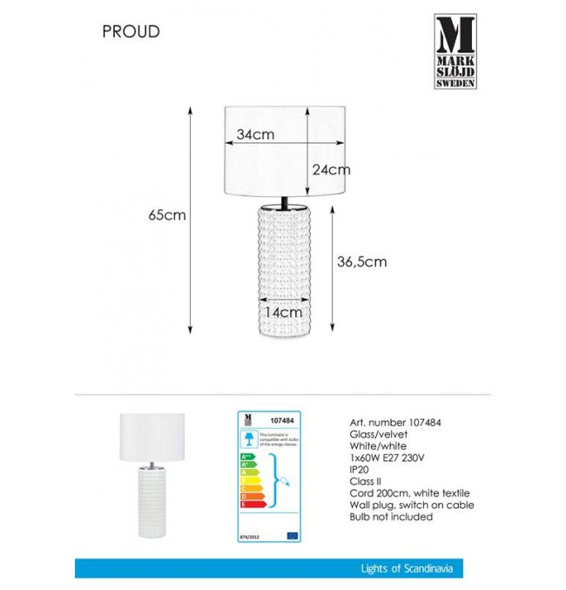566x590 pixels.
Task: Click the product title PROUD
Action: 131,32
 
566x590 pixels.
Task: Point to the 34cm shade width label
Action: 255,134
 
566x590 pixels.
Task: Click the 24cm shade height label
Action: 331,169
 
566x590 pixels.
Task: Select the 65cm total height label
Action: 167,215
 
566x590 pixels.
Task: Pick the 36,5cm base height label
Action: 361,261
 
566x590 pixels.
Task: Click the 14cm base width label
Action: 284,311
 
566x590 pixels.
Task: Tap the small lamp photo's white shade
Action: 158,434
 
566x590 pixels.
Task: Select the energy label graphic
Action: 269,477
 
